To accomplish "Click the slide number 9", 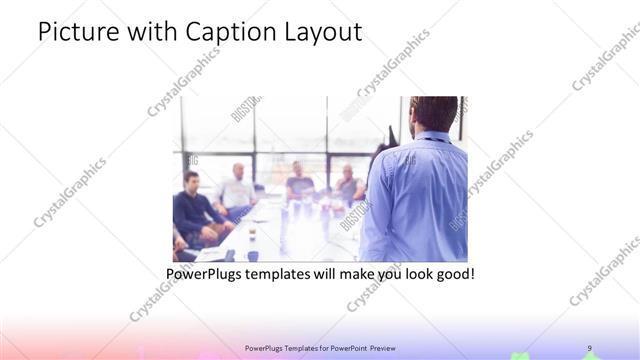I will (x=589, y=347).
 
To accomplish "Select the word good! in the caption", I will (x=454, y=272).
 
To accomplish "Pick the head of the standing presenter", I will (x=432, y=113).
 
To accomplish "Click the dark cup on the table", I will (x=252, y=255).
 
